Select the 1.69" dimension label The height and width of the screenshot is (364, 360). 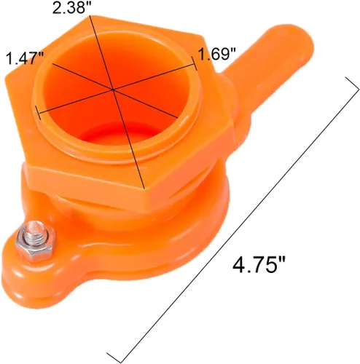218,54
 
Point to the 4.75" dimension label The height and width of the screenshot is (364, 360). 259,265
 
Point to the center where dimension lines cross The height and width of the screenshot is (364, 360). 113,90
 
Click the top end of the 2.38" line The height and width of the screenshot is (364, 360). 90,16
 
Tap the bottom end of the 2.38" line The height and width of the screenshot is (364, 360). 144,188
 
